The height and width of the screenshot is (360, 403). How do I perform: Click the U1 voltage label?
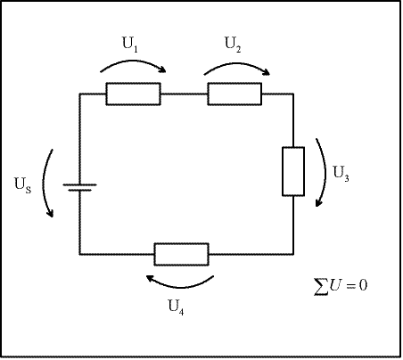[130, 45]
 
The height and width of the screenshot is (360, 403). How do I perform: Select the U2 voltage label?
[233, 45]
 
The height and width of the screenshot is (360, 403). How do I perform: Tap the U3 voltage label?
[341, 174]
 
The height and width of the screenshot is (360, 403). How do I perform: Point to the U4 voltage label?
[176, 307]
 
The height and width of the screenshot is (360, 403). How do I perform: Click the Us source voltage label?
[23, 185]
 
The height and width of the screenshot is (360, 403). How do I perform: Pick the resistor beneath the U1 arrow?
[133, 94]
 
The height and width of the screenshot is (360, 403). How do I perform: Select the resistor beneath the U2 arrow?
[234, 94]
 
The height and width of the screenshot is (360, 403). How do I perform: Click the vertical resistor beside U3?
[293, 171]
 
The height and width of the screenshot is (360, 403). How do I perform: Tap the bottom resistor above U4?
[181, 254]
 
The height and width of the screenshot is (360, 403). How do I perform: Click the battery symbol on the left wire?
[79, 187]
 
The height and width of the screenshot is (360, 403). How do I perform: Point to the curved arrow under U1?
[133, 61]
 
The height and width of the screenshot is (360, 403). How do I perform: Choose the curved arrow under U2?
[237, 64]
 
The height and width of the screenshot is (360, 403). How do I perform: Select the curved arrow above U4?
[180, 287]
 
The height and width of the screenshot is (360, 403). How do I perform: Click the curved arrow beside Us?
[44, 183]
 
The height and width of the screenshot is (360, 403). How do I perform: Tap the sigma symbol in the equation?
[322, 287]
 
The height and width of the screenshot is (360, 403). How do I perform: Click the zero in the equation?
[363, 285]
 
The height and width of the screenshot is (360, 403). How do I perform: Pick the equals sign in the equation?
[350, 286]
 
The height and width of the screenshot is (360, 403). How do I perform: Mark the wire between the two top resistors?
[184, 94]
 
